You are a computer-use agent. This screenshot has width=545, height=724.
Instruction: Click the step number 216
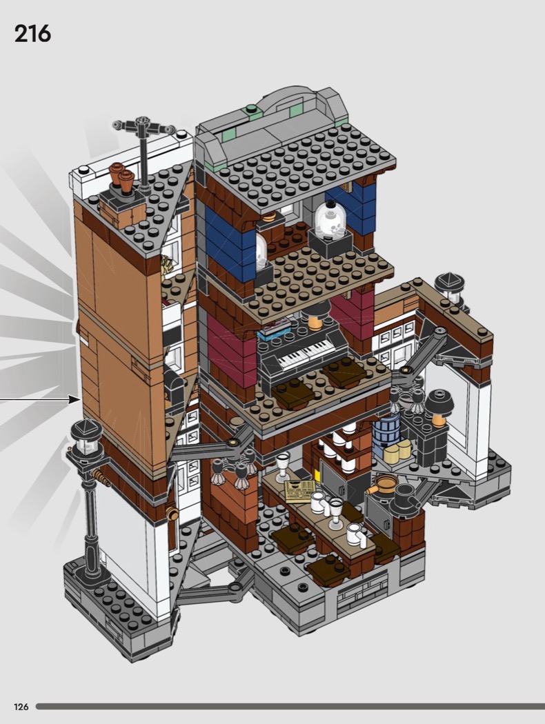32,34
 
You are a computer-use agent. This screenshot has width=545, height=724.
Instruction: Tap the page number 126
21,707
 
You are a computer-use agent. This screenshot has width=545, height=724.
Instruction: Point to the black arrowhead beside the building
75,399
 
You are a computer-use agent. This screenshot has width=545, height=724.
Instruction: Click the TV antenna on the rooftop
143,148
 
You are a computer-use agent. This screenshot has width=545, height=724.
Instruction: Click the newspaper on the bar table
300,491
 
